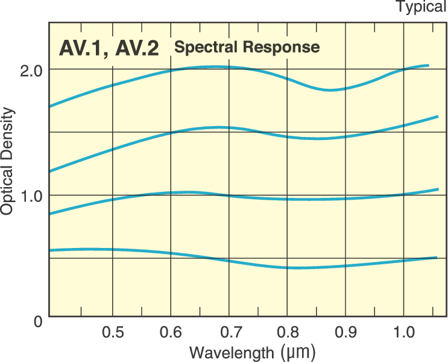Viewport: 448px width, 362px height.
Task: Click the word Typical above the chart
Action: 421,7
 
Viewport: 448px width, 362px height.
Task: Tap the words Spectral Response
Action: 246,46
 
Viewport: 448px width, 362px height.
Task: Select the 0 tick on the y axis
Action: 38,320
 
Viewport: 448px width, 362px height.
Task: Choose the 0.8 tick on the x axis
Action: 288,332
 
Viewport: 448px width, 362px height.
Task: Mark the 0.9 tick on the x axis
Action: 346,332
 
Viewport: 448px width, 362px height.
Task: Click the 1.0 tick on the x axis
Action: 404,332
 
